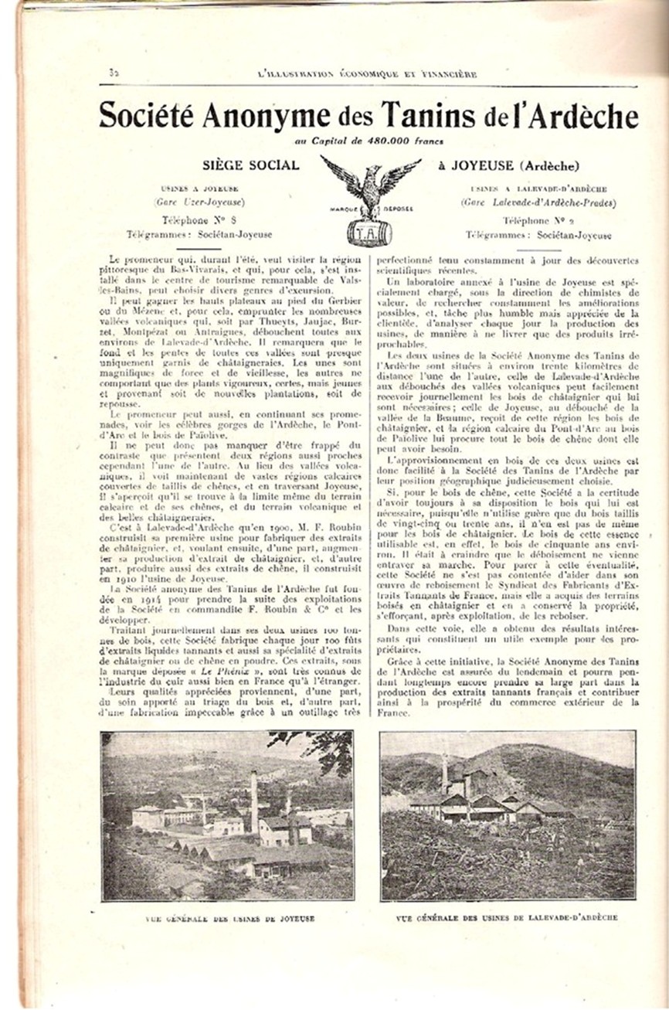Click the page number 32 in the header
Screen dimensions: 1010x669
112,73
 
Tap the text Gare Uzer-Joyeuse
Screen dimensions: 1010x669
200,202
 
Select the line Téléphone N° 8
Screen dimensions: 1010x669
200,221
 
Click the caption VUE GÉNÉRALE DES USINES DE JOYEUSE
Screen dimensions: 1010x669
230,919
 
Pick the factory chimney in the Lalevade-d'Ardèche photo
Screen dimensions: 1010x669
444,773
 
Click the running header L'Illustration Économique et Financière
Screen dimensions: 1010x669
366,74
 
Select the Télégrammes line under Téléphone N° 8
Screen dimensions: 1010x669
200,235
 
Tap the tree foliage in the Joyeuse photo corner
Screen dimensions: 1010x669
324,750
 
